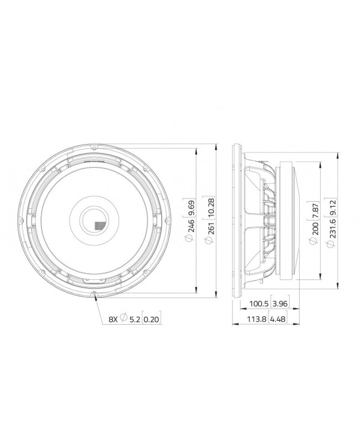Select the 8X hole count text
click(x=112, y=319)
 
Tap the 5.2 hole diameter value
click(x=133, y=319)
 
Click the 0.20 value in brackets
click(x=151, y=319)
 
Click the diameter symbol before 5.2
click(x=123, y=319)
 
